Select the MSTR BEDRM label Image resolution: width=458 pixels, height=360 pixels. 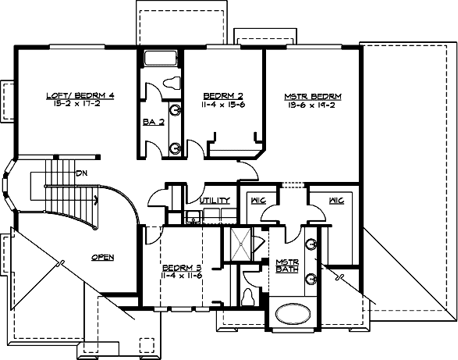[x=312, y=95]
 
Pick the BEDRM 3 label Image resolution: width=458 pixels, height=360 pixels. [x=179, y=267]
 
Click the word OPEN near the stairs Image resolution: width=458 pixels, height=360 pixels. [x=104, y=256]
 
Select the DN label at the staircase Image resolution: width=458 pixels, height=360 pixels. [x=81, y=173]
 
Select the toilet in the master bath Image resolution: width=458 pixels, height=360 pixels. [x=250, y=297]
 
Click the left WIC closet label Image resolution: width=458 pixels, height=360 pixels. [x=257, y=201]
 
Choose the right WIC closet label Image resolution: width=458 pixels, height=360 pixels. [x=337, y=201]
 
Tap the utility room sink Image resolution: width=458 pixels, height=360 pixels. [x=192, y=216]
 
